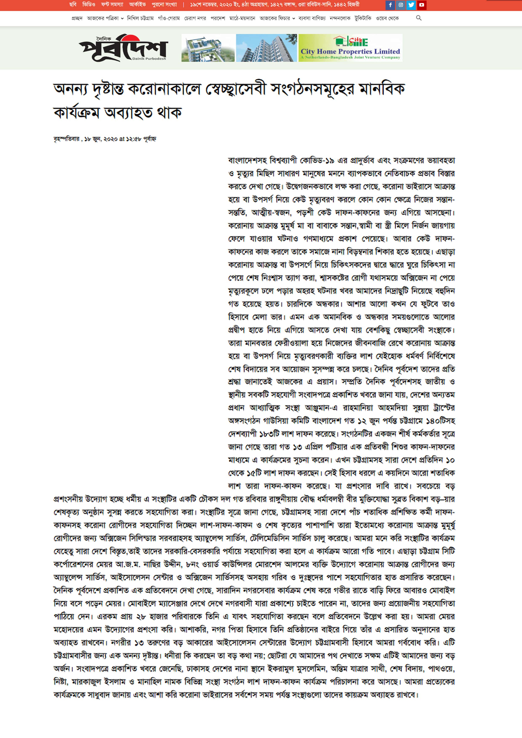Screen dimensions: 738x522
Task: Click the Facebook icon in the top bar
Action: click(x=390, y=5)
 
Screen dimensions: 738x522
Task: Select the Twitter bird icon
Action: click(x=411, y=5)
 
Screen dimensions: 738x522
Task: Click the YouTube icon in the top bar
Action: click(x=422, y=5)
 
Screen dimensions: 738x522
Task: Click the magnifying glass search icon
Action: click(x=418, y=18)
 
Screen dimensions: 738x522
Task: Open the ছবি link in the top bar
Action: click(x=73, y=4)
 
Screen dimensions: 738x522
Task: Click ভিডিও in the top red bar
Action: click(x=89, y=4)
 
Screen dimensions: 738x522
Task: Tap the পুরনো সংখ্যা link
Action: click(x=164, y=4)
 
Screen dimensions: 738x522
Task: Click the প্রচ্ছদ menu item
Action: click(x=77, y=18)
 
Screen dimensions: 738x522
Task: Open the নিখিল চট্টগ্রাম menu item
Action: click(x=140, y=18)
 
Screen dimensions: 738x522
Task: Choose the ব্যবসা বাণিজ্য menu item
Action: click(x=312, y=18)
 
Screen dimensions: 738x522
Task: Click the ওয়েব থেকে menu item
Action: click(x=387, y=18)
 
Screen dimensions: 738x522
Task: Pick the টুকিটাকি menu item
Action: click(x=363, y=18)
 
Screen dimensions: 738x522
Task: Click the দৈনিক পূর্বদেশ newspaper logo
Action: click(x=123, y=48)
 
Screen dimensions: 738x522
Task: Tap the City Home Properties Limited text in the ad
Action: click(x=350, y=51)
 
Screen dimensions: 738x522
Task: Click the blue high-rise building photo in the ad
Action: click(x=266, y=48)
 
